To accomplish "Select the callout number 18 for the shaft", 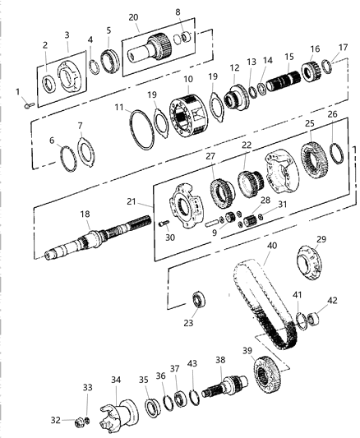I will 85,214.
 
